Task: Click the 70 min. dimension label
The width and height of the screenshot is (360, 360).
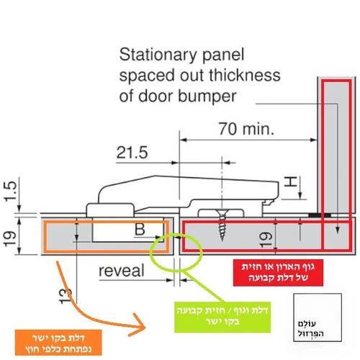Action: [x=246, y=129]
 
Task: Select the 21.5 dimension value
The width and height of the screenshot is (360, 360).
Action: [x=132, y=153]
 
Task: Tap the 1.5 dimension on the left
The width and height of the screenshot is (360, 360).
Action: [x=11, y=192]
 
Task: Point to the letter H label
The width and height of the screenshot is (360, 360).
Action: [x=291, y=181]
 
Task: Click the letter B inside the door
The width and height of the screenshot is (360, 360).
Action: [x=140, y=229]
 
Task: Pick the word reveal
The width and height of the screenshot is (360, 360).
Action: [x=122, y=271]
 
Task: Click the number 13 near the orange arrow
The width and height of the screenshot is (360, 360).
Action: [x=66, y=296]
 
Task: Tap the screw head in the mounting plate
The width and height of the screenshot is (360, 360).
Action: [x=222, y=212]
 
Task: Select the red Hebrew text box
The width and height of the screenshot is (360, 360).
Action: [x=278, y=273]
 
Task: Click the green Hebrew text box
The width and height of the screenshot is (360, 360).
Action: [x=222, y=317]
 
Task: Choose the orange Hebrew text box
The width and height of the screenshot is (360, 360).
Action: [x=58, y=343]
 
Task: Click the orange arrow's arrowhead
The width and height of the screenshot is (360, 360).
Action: [x=138, y=325]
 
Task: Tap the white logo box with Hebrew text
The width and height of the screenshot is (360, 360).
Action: [x=318, y=318]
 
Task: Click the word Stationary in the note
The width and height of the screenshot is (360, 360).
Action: [x=158, y=55]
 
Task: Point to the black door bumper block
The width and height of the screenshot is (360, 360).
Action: [x=320, y=215]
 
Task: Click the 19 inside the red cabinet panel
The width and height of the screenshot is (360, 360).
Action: [x=266, y=239]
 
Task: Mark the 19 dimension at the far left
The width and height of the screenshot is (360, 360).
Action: [x=10, y=239]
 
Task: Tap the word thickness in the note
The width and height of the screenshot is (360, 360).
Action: [x=244, y=76]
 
